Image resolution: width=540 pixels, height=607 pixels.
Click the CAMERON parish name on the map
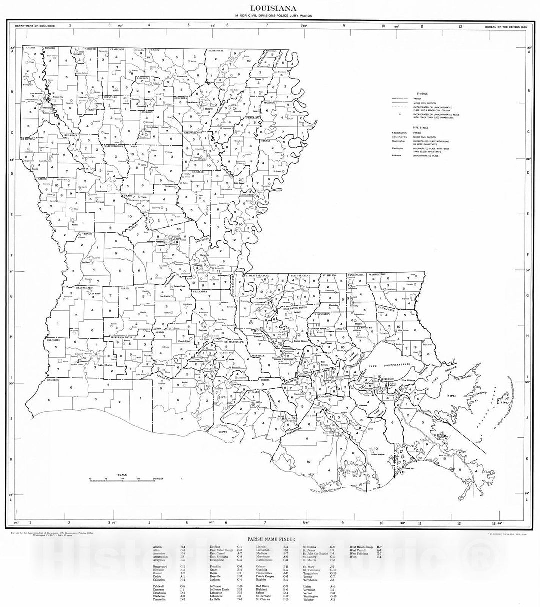click(54, 381)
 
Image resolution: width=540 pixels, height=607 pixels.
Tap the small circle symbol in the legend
click(400, 114)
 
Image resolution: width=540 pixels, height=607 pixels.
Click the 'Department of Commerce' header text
click(35, 25)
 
